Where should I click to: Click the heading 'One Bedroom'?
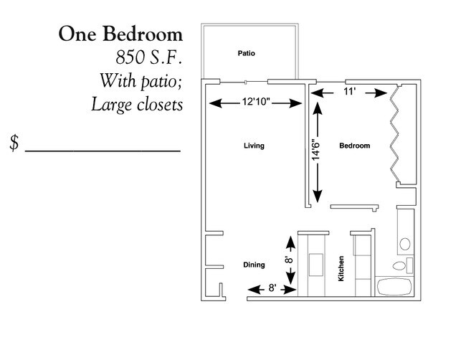coord(120,34)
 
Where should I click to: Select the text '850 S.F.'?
coord(147,57)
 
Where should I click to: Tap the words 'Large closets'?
coord(137,105)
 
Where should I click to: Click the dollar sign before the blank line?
coord(14,142)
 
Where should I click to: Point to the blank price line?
coord(103,150)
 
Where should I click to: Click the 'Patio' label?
coord(247,53)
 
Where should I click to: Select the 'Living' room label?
coord(254,146)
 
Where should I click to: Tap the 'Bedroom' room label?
coord(354,146)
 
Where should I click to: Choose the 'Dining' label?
coord(254,265)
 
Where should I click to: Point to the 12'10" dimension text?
coord(255,103)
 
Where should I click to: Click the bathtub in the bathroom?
coord(393,287)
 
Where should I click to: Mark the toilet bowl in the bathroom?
coord(401,265)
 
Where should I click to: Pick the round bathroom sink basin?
coord(405,242)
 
